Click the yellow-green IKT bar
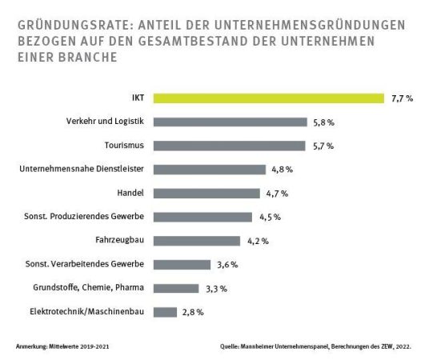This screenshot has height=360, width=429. (269, 98)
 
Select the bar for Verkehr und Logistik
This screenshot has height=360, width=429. (231, 122)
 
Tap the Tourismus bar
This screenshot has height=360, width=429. (229, 146)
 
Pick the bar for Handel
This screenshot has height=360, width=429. (206, 194)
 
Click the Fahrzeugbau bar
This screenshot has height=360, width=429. (197, 241)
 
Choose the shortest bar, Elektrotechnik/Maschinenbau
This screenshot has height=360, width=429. (165, 312)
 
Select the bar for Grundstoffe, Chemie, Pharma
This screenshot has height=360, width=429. (176, 288)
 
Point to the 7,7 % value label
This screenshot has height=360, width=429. (402, 98)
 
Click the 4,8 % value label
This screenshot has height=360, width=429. (282, 170)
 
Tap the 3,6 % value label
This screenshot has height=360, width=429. (227, 265)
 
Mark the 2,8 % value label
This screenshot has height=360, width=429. (193, 312)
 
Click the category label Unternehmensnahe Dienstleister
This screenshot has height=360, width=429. (82, 169)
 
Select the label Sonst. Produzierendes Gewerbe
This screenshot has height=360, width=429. (84, 216)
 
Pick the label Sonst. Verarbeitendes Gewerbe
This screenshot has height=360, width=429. (85, 264)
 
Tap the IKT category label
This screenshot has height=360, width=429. (138, 98)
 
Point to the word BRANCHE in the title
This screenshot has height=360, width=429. (88, 57)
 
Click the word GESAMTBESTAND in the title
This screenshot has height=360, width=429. (192, 41)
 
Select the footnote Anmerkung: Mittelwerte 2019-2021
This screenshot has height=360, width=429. (62, 346)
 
